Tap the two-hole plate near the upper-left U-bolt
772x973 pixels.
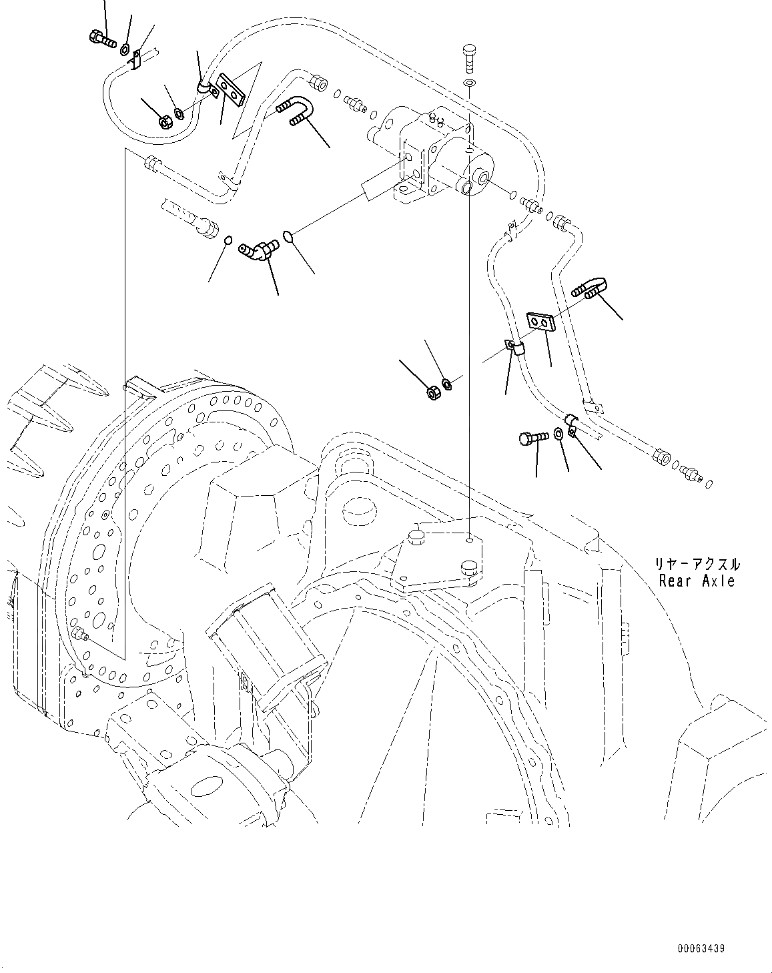click(x=232, y=89)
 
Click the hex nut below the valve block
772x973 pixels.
click(x=432, y=392)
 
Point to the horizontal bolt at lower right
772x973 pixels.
click(x=532, y=438)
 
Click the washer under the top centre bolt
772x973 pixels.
click(x=470, y=83)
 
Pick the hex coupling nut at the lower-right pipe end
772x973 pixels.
click(x=663, y=457)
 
